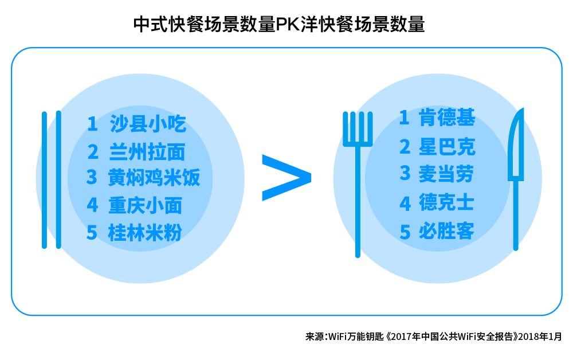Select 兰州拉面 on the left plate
pos(147,152)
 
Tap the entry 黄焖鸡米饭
pos(154,178)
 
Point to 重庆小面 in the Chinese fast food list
pos(145,205)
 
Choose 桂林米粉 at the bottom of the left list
pos(145,233)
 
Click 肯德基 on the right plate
pos(447,119)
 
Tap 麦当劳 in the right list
pos(446,174)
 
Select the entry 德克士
pos(446,202)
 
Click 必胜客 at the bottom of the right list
pos(446,230)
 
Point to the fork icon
pos(358,172)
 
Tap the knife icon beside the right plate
pos(516,172)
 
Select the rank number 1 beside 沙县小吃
pos(92,124)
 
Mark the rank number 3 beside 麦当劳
pos(405,174)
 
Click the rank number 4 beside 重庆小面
pos(92,205)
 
